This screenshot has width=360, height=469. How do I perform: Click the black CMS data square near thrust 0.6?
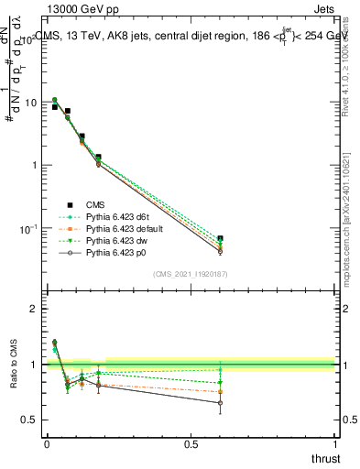click(220, 238)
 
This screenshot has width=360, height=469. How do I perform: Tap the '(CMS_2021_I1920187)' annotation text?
click(190, 273)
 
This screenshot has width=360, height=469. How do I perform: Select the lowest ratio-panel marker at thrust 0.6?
click(220, 403)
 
